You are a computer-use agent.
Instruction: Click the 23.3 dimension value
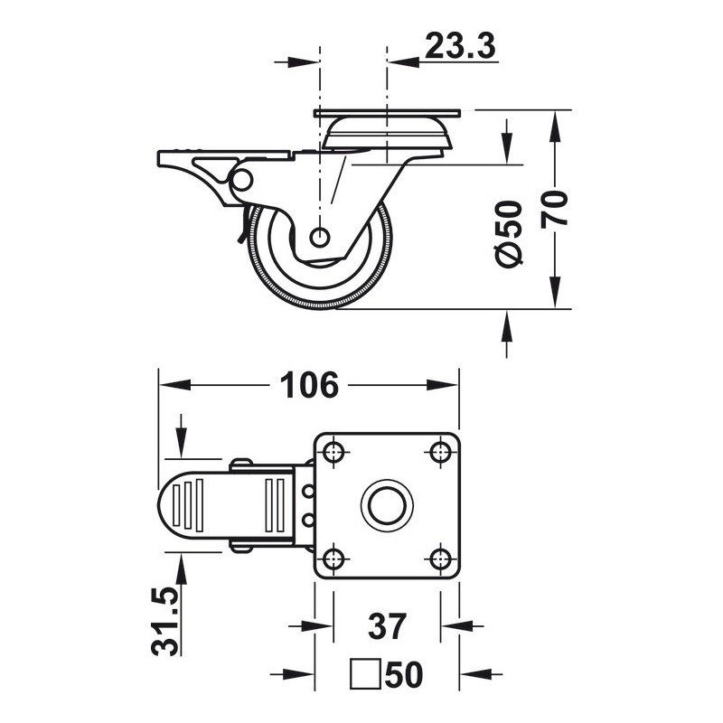coord(460,45)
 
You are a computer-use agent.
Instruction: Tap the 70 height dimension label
coord(554,209)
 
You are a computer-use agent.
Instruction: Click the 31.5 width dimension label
coord(164,621)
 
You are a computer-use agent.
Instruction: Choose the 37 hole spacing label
coord(388,625)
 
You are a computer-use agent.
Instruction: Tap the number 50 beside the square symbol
coord(403,674)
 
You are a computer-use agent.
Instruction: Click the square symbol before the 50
coord(366,674)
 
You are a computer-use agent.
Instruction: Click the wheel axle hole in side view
coord(319,238)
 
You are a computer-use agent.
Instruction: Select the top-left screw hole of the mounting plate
coord(333,453)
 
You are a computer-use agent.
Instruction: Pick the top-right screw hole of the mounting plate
coord(440,453)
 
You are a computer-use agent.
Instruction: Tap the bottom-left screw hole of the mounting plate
coord(333,559)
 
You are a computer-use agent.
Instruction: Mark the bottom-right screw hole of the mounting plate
coord(440,559)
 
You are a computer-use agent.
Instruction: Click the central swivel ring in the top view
coord(387,506)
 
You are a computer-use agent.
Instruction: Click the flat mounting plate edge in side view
coord(387,113)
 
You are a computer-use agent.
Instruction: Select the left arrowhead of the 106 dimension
coord(174,385)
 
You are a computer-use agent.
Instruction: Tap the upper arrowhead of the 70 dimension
coord(555,127)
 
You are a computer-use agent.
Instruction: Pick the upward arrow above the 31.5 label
coord(181,572)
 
